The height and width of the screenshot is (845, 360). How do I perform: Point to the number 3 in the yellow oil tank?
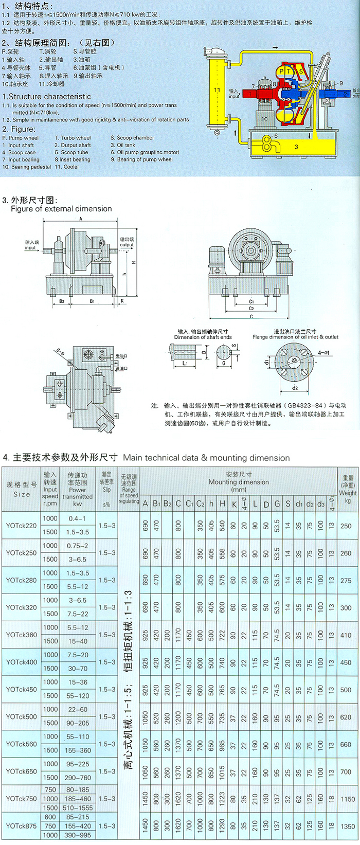[296, 147]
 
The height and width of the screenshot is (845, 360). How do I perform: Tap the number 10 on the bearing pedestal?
[264, 119]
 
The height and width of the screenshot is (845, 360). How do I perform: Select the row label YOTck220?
[22, 526]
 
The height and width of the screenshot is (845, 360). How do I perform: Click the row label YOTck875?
[22, 826]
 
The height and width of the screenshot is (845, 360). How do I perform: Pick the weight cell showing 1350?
[348, 826]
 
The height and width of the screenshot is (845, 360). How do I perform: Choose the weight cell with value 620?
[346, 717]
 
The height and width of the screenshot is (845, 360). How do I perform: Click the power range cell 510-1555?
[78, 807]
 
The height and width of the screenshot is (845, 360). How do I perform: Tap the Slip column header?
[106, 489]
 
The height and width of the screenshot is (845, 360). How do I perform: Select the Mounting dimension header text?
[239, 482]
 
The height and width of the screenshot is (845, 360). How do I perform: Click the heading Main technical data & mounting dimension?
[206, 458]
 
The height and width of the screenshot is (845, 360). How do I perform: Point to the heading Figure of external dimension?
[61, 209]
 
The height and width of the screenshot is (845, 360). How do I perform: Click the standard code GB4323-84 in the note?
[304, 405]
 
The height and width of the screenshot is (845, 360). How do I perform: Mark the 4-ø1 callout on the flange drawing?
[324, 353]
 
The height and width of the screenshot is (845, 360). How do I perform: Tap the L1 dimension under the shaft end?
[185, 363]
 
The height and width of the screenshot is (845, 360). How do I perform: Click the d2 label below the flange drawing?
[295, 388]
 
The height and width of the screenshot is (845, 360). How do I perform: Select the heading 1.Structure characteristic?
[47, 97]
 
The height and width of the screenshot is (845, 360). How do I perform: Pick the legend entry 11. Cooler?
[66, 167]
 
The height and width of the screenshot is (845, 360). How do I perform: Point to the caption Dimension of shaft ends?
[203, 337]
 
